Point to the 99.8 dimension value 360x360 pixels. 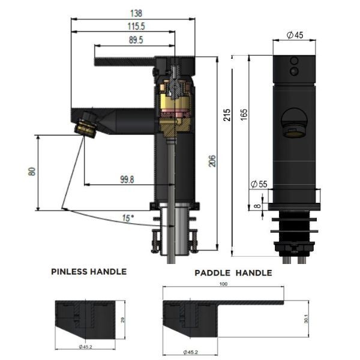click(x=127, y=179)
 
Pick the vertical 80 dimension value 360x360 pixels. click(x=32, y=172)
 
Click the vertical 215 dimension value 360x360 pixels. click(x=226, y=115)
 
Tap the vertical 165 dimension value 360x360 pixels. click(x=244, y=115)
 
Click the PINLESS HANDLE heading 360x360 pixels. click(x=89, y=271)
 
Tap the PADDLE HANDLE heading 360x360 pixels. click(x=233, y=273)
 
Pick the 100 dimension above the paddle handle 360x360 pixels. click(x=224, y=283)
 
